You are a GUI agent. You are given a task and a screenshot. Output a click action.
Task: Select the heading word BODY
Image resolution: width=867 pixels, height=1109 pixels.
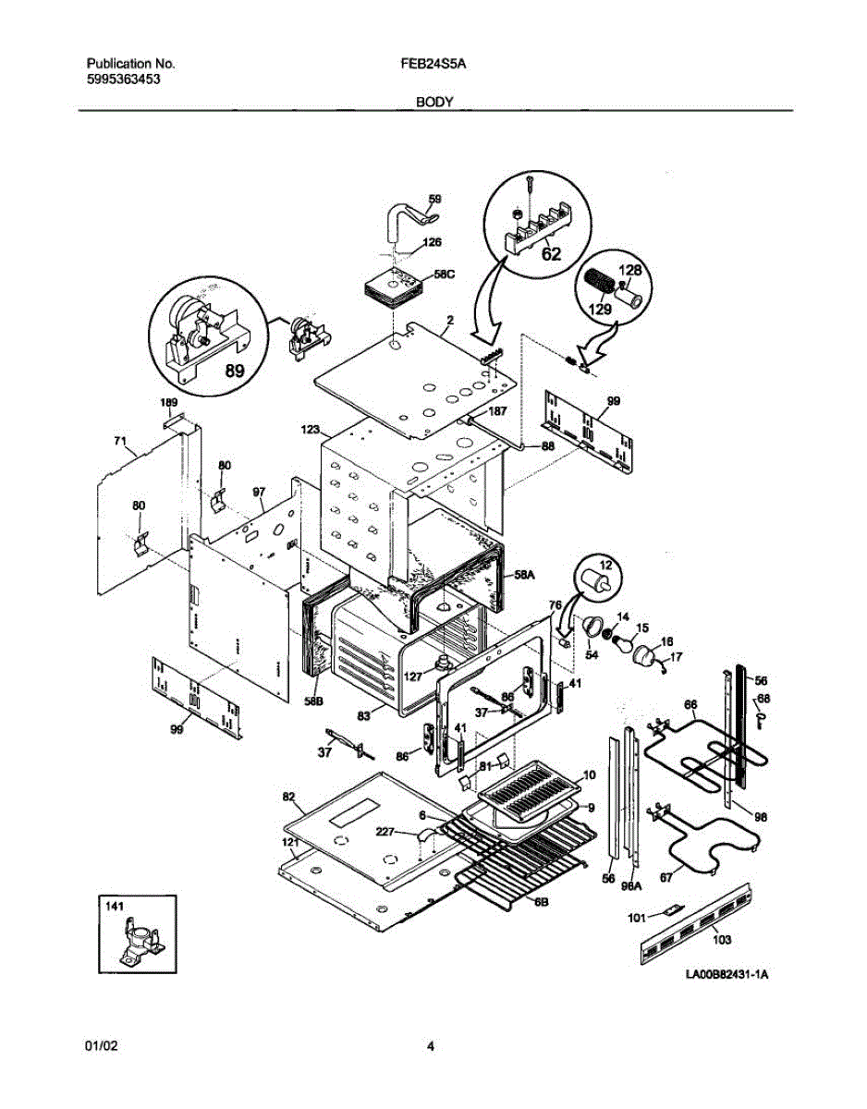(x=433, y=103)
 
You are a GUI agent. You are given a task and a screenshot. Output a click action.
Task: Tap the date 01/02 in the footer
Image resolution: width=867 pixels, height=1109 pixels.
(x=101, y=1046)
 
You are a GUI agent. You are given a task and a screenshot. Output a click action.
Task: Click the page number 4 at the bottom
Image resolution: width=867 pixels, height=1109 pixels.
(x=431, y=1046)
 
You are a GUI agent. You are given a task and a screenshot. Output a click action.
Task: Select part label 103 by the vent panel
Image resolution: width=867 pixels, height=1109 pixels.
(x=722, y=940)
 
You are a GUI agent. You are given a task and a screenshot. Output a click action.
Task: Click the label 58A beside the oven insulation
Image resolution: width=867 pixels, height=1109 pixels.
(x=524, y=574)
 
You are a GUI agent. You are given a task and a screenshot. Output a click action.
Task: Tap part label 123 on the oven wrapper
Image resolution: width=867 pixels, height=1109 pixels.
(x=310, y=430)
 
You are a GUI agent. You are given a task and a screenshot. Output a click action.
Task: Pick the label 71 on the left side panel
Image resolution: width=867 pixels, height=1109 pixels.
(x=119, y=442)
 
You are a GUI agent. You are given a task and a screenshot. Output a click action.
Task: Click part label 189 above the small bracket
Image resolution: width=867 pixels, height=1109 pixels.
(x=168, y=403)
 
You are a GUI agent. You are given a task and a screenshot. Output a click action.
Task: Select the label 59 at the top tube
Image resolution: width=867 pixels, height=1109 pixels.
(x=434, y=198)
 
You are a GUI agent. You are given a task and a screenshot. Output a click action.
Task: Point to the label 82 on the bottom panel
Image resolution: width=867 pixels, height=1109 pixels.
(x=288, y=796)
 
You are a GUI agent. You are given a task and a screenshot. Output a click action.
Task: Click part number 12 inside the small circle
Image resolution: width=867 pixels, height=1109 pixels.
(x=606, y=565)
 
